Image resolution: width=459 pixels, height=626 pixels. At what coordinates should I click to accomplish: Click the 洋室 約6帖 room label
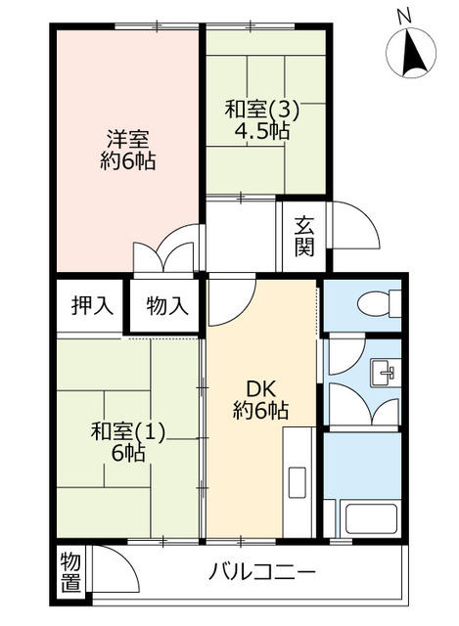[x=128, y=149]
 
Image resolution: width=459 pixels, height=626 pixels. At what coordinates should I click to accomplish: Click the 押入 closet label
[x=91, y=305]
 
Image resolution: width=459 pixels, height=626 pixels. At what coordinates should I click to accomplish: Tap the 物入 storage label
[x=167, y=305]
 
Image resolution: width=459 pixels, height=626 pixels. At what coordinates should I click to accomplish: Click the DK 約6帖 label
[x=259, y=398]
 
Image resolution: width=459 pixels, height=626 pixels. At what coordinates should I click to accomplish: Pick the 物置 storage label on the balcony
[x=69, y=571]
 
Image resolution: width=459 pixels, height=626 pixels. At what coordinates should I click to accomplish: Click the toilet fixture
[x=376, y=305]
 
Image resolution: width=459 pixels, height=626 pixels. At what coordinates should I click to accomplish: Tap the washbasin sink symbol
[x=383, y=373]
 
